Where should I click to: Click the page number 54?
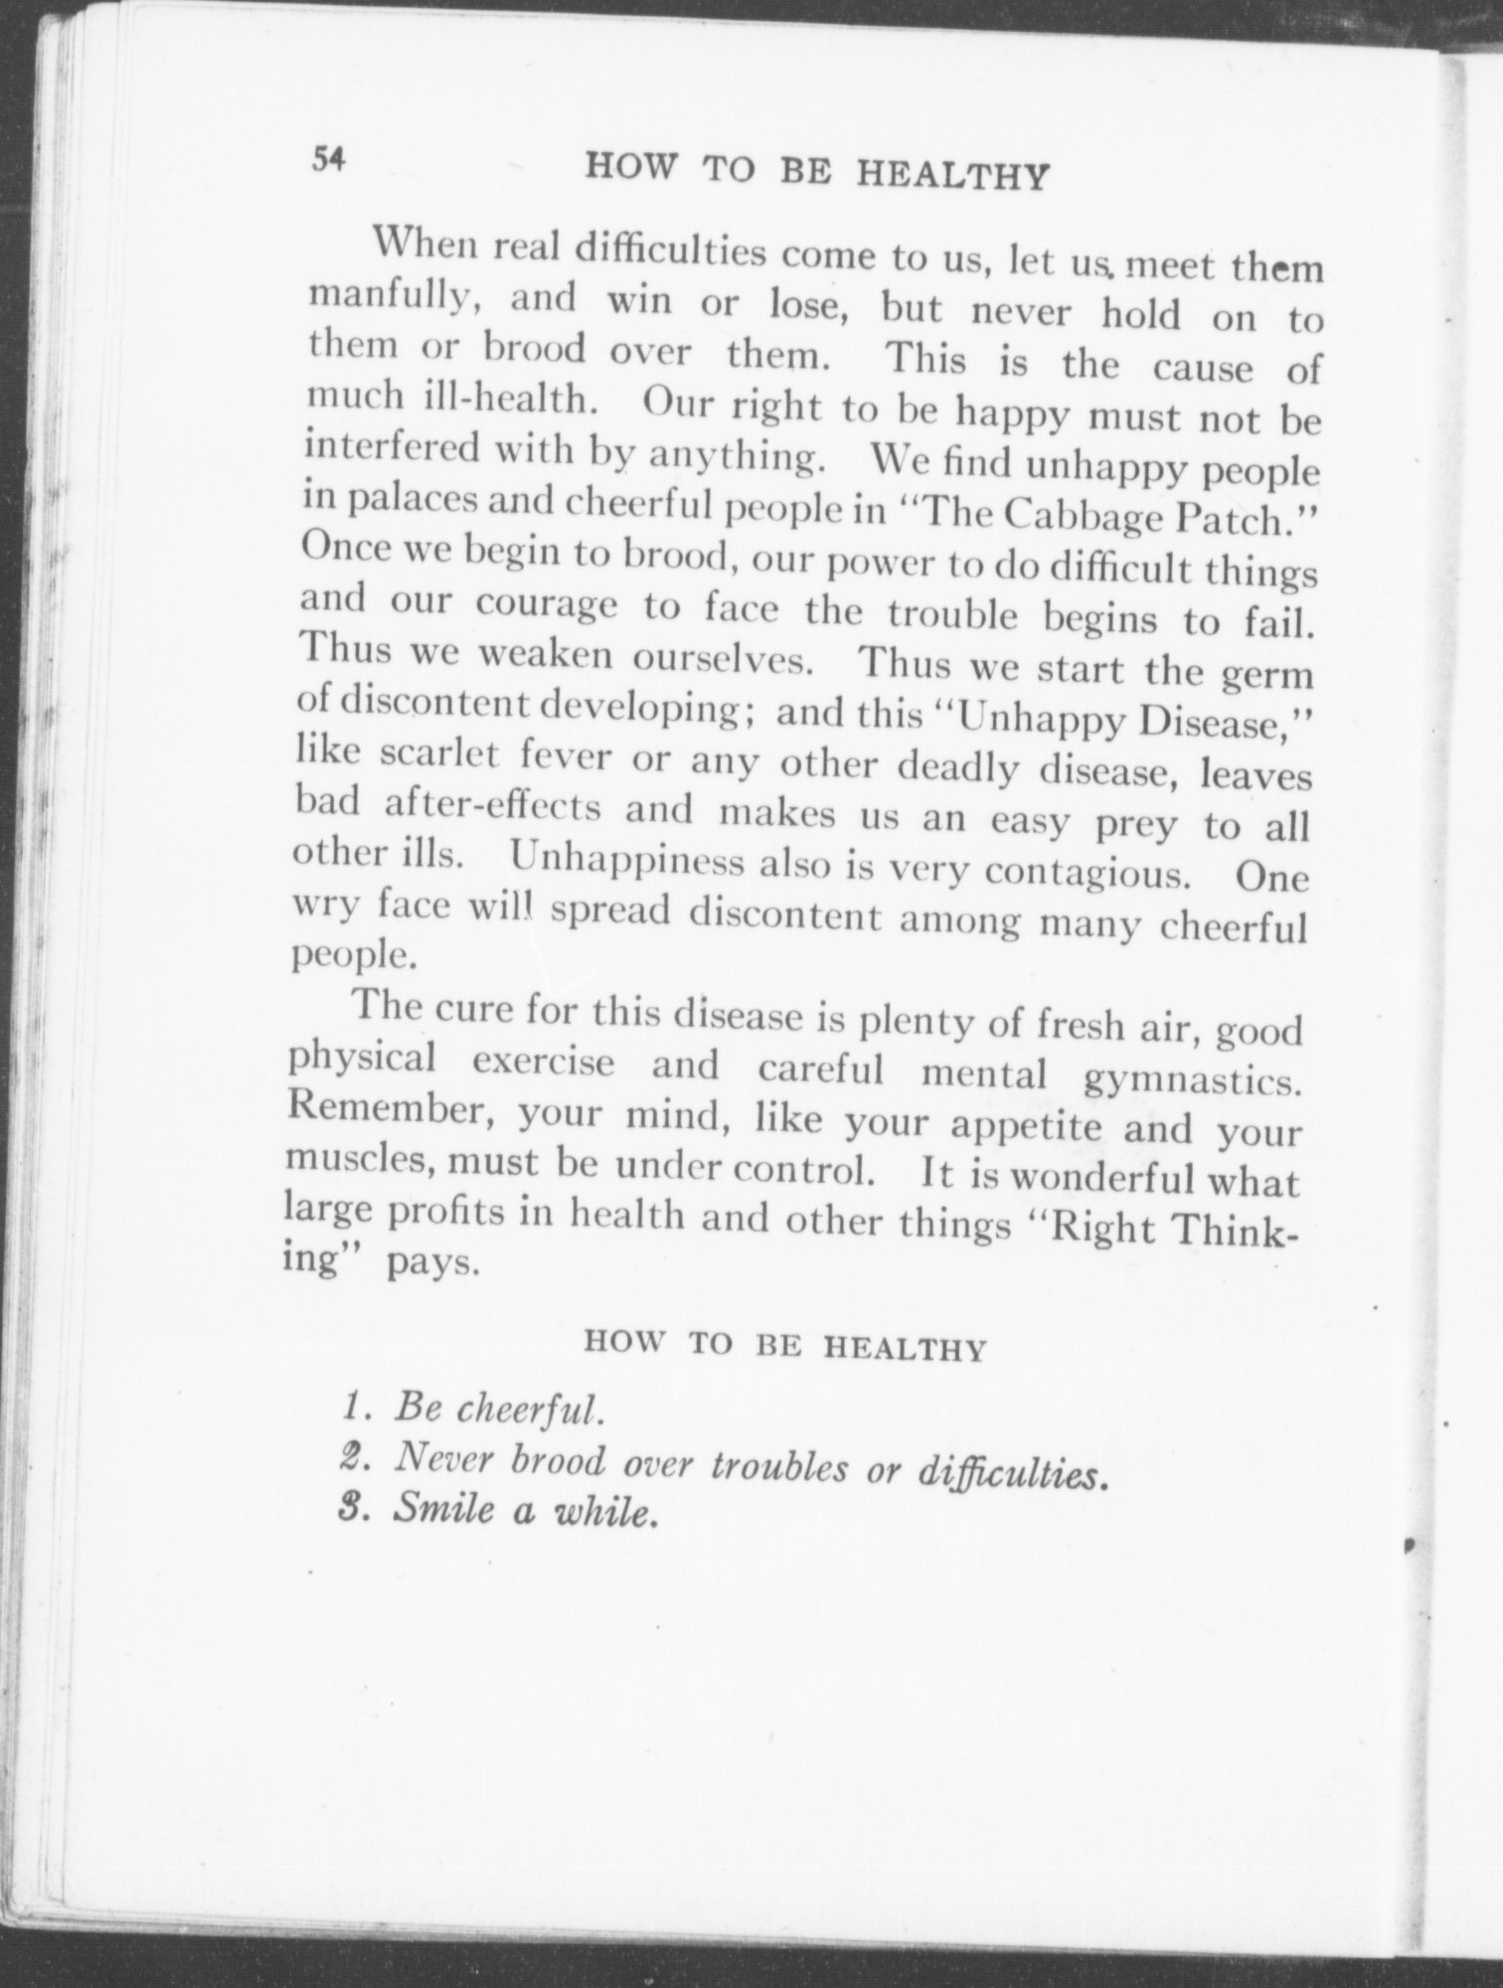click(327, 159)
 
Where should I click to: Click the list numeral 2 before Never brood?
click(350, 1458)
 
